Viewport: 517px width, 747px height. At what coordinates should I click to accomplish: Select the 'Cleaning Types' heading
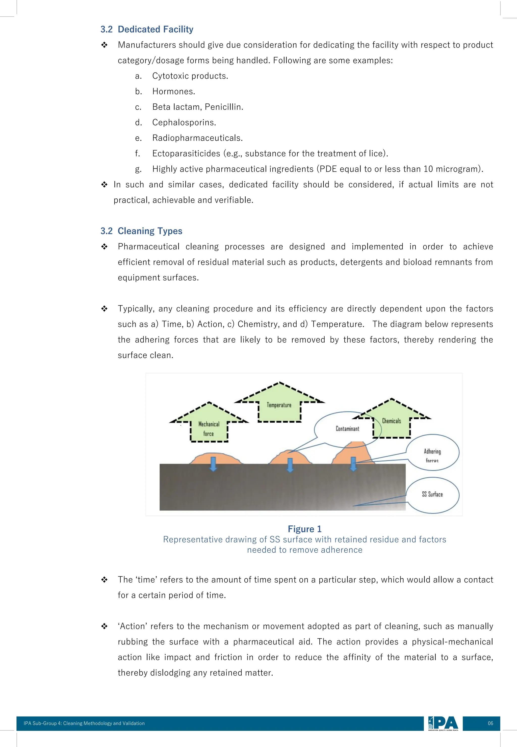pos(150,231)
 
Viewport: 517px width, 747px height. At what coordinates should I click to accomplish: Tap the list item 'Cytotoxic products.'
pos(190,76)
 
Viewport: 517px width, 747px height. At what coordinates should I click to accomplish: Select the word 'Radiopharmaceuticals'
pos(197,138)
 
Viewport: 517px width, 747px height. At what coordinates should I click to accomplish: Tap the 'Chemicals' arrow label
pos(391,421)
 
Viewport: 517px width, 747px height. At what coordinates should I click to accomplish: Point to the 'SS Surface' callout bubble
pos(432,494)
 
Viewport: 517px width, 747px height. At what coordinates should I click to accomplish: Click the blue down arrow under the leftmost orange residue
pos(213,464)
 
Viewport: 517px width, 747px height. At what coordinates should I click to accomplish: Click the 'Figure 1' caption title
pos(304,529)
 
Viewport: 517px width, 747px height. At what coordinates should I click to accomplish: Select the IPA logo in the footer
pos(443,723)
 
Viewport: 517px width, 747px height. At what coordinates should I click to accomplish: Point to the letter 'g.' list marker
pos(138,169)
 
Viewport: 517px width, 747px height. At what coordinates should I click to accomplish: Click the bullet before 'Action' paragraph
pos(104,626)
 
